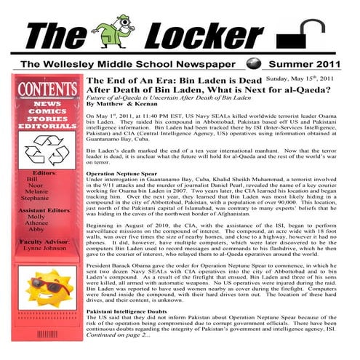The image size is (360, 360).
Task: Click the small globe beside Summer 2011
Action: point(252,63)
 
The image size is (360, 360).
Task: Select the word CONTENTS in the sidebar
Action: point(46,90)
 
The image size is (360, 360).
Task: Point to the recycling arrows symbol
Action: point(46,151)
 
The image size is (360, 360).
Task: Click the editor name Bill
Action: point(32,178)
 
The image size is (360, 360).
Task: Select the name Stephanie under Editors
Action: point(35,197)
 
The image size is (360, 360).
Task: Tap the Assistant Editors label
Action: point(45,209)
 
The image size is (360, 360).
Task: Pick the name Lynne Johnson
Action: point(44,248)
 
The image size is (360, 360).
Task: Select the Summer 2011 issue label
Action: point(305,64)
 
